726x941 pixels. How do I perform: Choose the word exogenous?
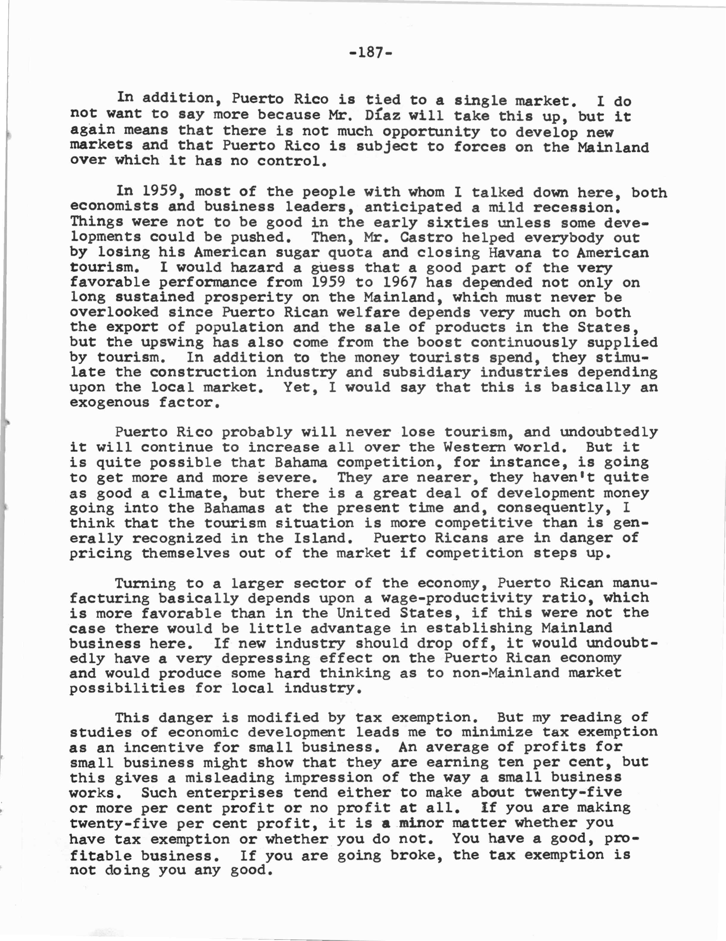tap(109, 403)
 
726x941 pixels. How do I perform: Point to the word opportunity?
tap(431, 131)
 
